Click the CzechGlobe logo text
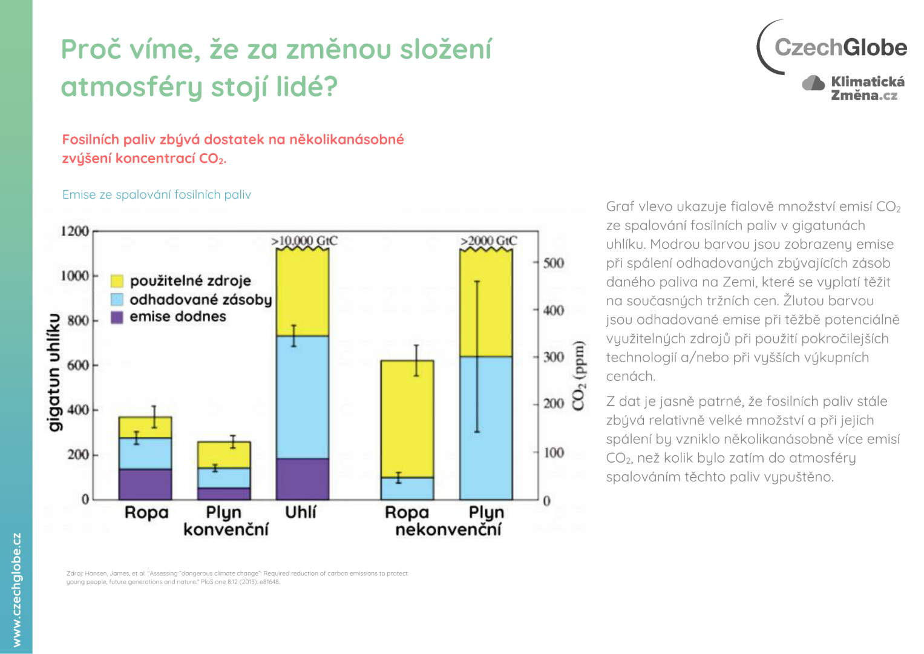coord(840,47)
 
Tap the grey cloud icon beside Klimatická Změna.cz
coord(813,83)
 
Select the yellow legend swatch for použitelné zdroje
coord(117,281)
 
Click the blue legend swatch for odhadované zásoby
coord(117,299)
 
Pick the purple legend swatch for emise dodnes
coord(117,317)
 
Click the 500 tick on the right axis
coord(553,263)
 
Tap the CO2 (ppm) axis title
coord(579,375)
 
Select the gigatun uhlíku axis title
coord(54,372)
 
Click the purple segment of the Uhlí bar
coord(303,478)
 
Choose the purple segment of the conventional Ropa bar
coord(145,484)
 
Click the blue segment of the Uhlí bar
coord(303,397)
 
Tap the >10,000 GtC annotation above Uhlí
coord(304,241)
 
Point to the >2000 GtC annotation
coord(488,241)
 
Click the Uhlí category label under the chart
coord(301,512)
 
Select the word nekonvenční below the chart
coord(448,530)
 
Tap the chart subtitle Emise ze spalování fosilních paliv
coord(157,194)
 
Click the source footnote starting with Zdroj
coord(237,577)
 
